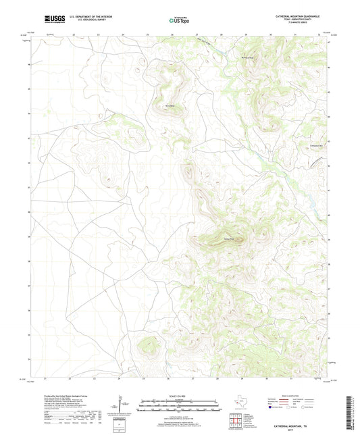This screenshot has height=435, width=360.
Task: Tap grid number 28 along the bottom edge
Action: coord(218,378)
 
